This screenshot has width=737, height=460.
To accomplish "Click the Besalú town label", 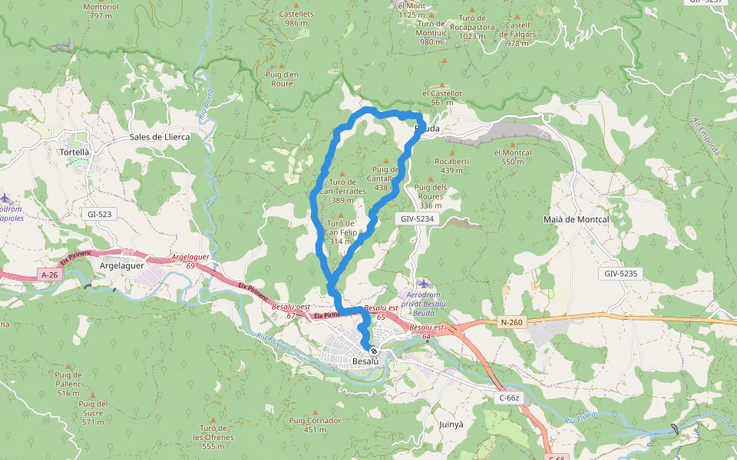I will (365, 361).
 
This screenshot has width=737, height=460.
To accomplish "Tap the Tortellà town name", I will (74, 152).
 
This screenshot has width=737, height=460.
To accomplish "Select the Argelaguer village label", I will (122, 264).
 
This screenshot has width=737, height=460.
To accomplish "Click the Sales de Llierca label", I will (160, 136).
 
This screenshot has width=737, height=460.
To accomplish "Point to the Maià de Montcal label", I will (575, 219).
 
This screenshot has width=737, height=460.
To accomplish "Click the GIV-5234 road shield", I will (417, 219).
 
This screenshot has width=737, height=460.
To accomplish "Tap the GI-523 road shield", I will (101, 215).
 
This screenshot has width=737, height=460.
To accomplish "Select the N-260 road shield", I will (511, 322).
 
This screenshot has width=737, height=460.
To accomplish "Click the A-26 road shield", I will (49, 274).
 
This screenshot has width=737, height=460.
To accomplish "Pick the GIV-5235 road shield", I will (621, 273).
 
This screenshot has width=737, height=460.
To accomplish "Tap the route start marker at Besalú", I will (374, 351).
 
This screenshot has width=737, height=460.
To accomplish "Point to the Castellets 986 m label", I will (296, 18).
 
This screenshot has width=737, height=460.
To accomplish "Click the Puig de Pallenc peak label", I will (68, 379).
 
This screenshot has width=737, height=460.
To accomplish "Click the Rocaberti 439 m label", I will (451, 166).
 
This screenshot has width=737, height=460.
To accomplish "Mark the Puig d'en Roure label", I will (281, 78).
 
